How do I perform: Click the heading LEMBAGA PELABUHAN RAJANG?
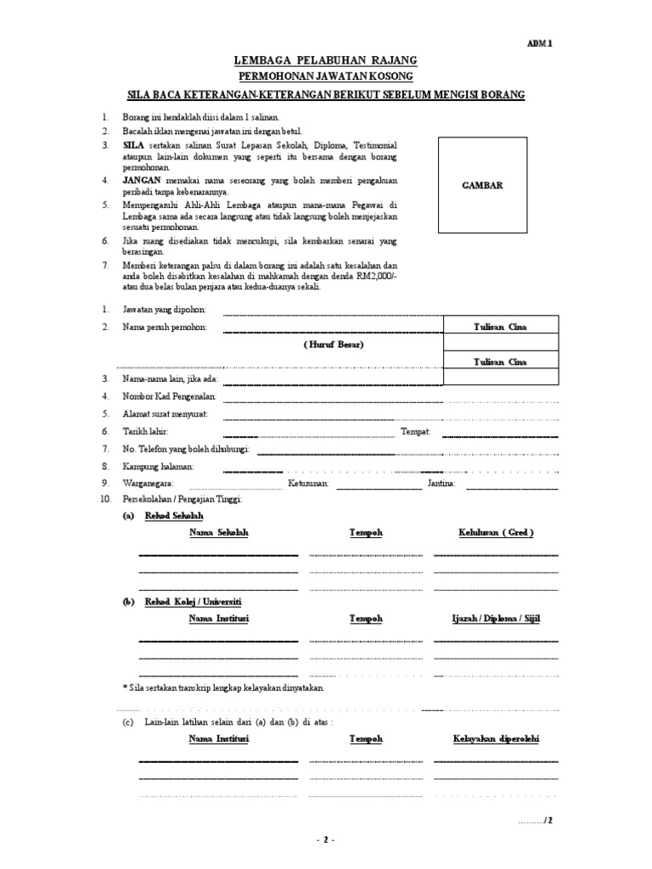pyautogui.click(x=326, y=61)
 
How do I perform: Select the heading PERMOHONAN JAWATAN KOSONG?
pyautogui.click(x=325, y=77)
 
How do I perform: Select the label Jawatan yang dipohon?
pyautogui.click(x=165, y=311)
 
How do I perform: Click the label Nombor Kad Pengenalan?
pyautogui.click(x=171, y=396)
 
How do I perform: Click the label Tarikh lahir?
pyautogui.click(x=146, y=432)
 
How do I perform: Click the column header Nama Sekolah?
pyautogui.click(x=219, y=532)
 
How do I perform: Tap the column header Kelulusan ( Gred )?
pyautogui.click(x=497, y=532)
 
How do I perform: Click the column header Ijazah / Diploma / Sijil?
pyautogui.click(x=497, y=619)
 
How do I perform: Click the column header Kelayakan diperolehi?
pyautogui.click(x=497, y=739)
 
